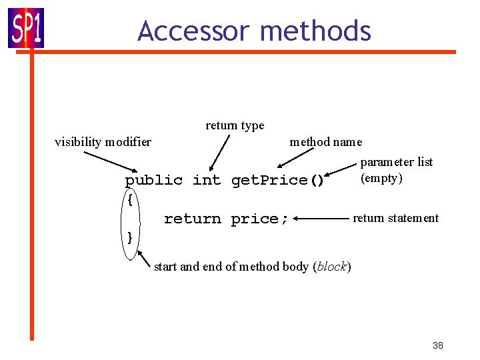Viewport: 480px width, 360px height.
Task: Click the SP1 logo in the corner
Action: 26,28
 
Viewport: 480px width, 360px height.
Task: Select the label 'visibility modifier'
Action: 103,141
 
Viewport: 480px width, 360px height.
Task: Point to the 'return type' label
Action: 235,125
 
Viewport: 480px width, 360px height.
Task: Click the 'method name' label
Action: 326,141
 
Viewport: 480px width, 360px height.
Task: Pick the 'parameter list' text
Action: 397,161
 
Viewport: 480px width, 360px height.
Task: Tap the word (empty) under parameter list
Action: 381,178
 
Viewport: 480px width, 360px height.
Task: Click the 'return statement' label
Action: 395,218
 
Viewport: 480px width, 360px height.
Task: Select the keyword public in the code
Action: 154,180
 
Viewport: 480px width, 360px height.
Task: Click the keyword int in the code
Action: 207,180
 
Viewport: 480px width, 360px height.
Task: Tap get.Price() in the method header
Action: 277,180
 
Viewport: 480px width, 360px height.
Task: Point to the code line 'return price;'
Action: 226,219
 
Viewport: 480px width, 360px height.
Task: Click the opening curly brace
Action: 130,199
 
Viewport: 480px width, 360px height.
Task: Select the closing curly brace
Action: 130,237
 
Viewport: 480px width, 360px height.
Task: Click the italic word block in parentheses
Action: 331,267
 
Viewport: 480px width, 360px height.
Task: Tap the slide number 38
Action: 437,345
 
